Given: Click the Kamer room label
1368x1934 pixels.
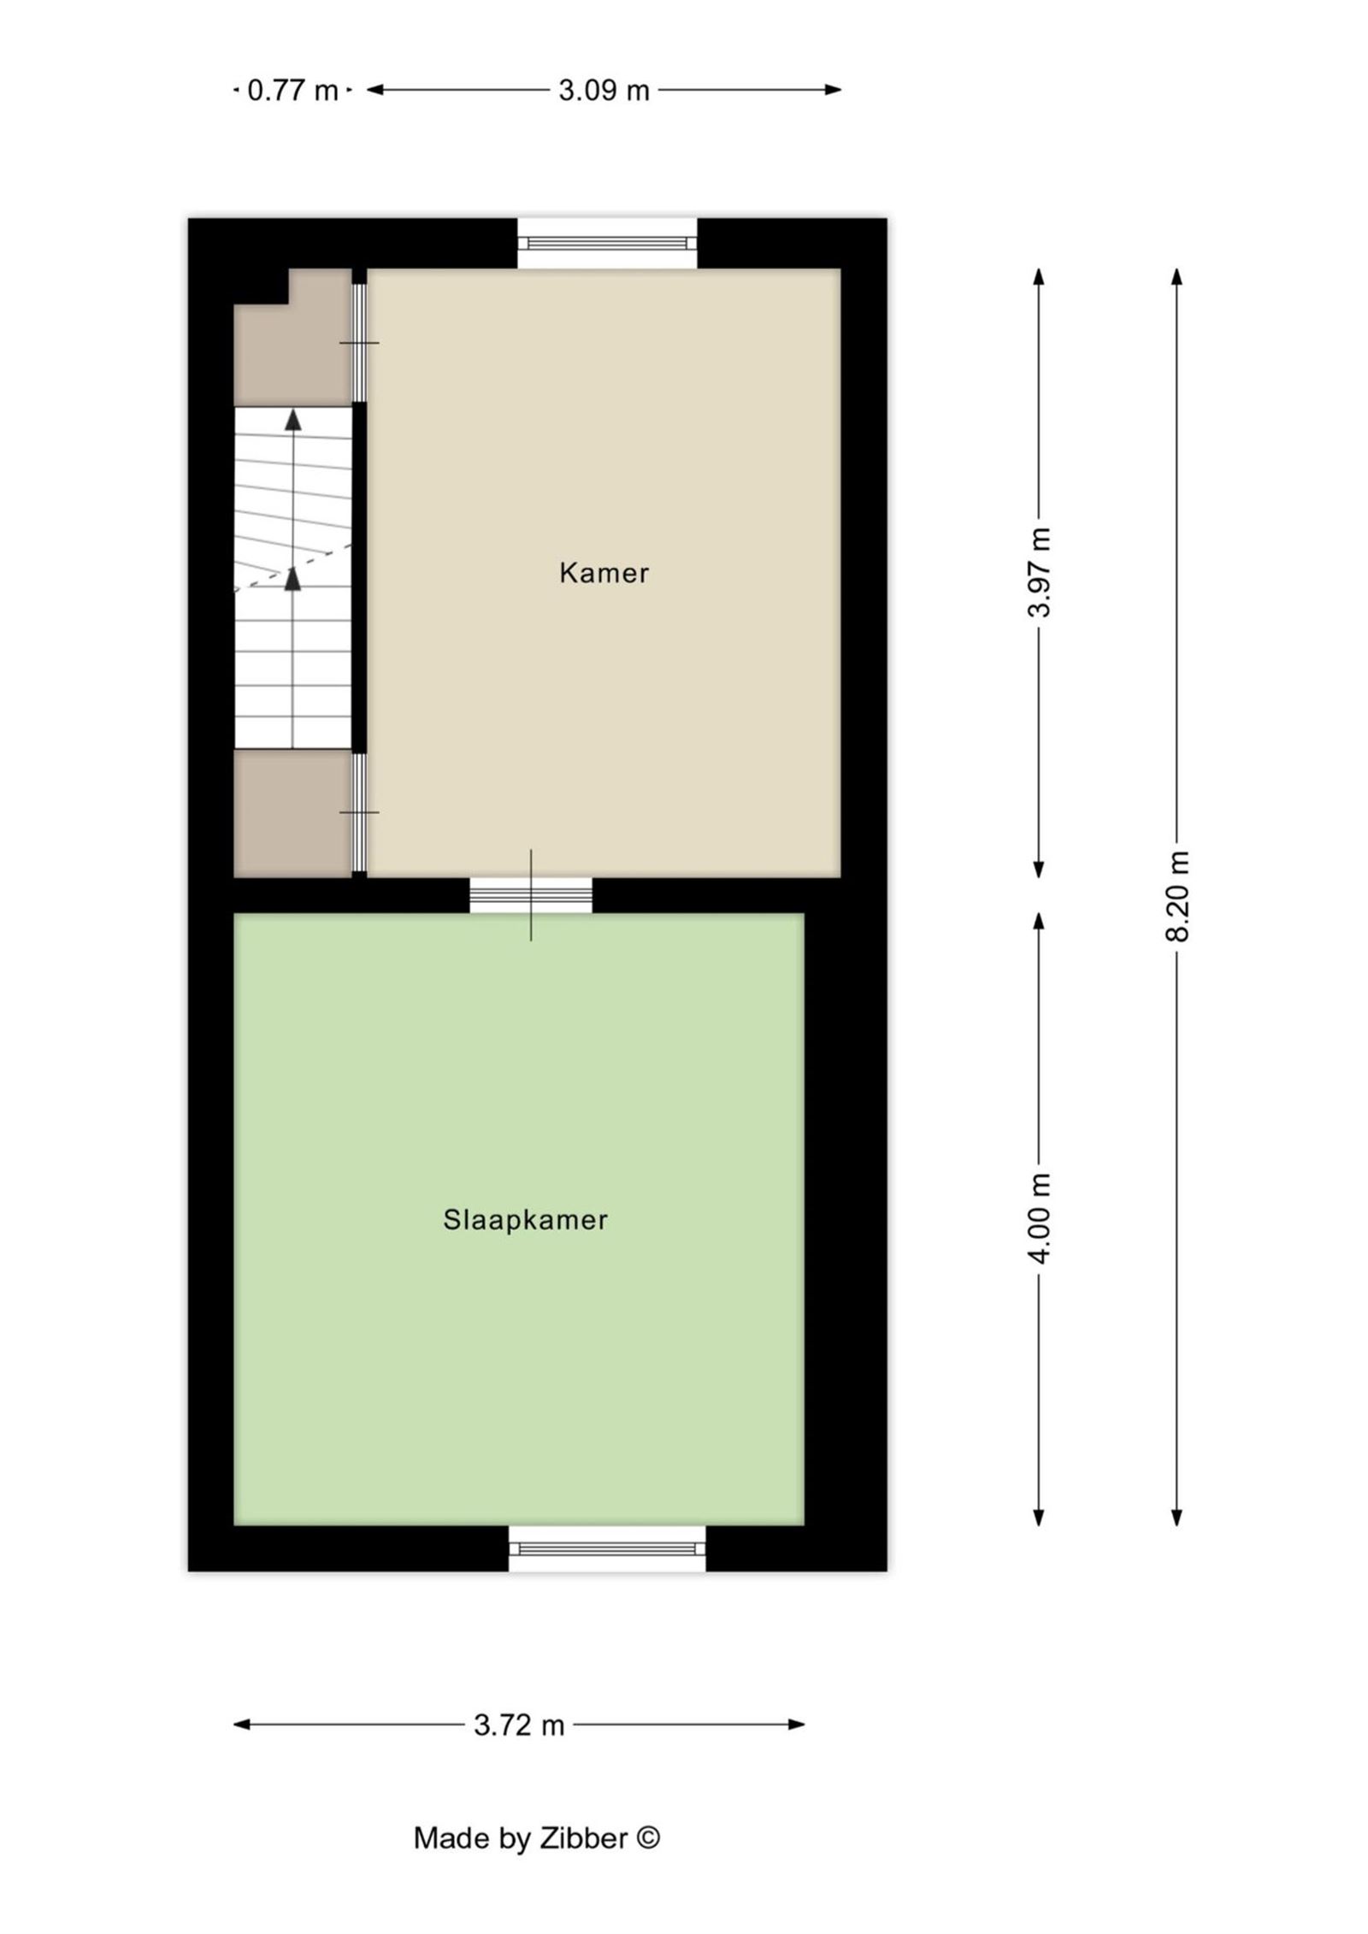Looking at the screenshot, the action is (604, 573).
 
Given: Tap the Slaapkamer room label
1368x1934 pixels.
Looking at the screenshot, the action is (525, 1219).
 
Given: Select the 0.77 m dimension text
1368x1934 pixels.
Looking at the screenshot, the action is (292, 90).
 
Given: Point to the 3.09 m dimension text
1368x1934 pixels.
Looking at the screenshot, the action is (604, 90).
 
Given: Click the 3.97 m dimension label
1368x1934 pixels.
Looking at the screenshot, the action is (1039, 572).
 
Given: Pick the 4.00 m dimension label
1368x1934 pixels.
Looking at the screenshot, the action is (1039, 1218).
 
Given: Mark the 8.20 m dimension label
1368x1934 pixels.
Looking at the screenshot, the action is (1177, 896).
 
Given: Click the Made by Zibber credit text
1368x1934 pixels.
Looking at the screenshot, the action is (536, 1837).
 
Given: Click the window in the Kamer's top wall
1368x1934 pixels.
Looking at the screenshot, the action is (607, 244).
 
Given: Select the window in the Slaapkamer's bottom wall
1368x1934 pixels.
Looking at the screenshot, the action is (607, 1548).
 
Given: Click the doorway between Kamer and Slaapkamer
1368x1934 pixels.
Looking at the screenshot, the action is (531, 895).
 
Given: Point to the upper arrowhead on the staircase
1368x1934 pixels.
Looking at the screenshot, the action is (293, 419).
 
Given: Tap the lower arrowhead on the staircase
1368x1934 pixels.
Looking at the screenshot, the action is (293, 579).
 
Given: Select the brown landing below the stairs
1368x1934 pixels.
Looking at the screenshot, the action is (292, 813).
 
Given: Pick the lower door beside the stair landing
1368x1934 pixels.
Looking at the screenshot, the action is (360, 812).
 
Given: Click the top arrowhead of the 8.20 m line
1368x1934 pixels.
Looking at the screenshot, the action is (1177, 276).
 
